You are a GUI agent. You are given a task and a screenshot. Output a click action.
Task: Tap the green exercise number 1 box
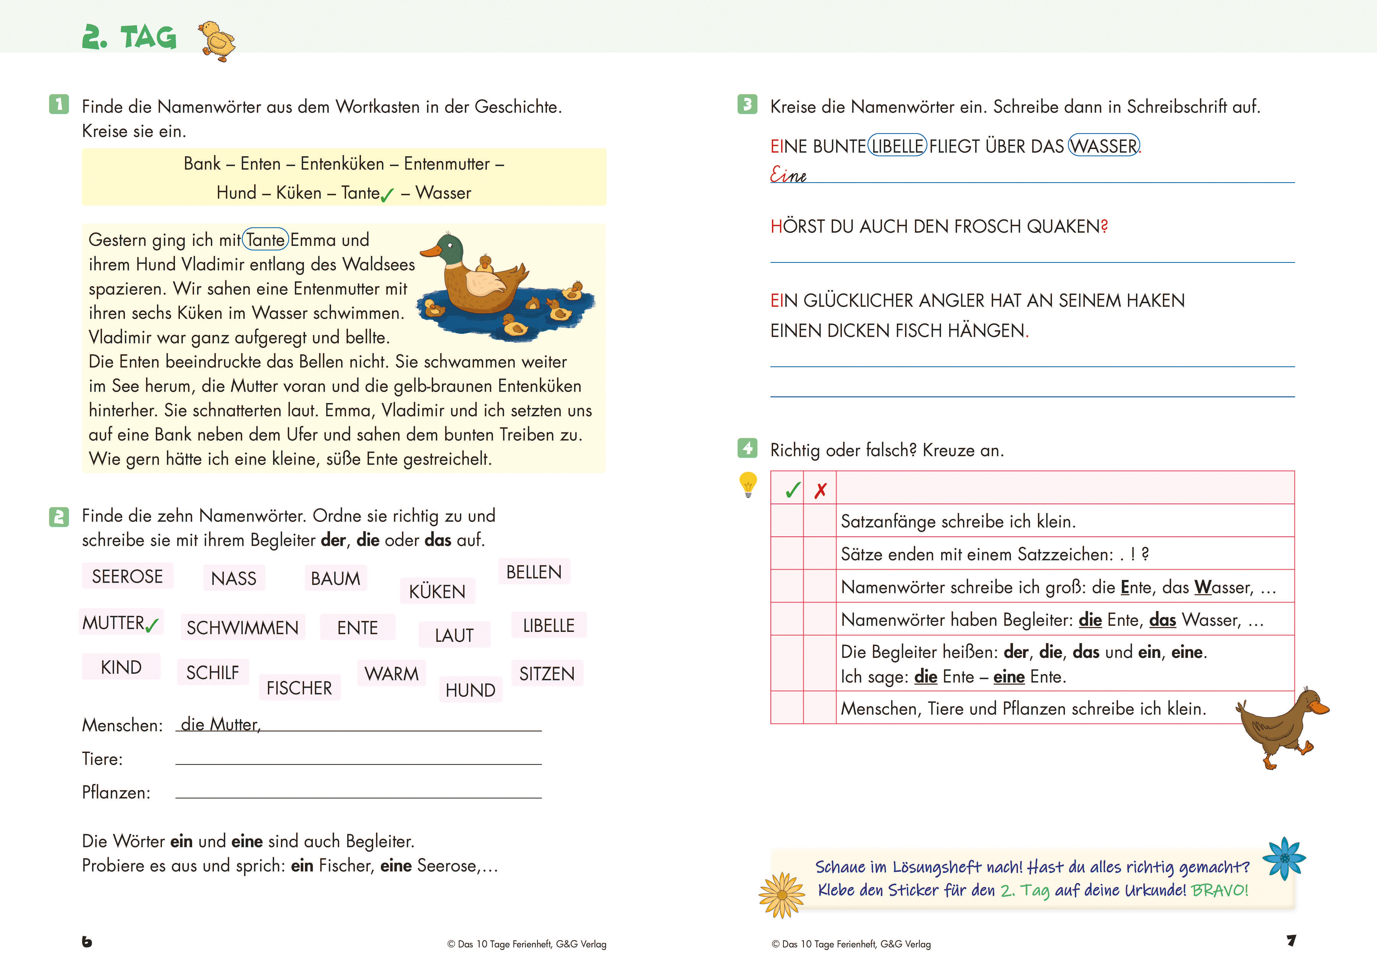click(59, 104)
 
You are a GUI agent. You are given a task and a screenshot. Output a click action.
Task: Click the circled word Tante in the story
click(265, 240)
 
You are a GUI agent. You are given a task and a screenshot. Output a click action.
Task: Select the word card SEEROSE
click(127, 576)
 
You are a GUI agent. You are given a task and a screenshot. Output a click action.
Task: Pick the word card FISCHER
click(299, 688)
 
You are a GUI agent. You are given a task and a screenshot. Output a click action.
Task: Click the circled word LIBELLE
click(897, 146)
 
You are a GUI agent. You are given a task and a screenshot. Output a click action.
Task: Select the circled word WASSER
click(1104, 146)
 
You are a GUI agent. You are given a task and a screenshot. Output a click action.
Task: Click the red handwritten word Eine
click(788, 175)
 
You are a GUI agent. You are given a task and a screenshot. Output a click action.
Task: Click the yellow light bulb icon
click(748, 484)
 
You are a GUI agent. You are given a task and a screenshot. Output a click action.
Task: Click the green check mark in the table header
click(793, 490)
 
